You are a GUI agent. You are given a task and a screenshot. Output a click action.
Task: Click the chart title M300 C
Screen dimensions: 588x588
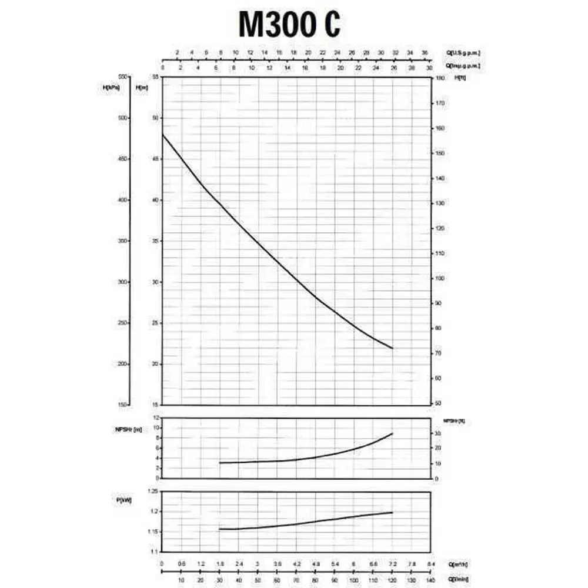coord(289,25)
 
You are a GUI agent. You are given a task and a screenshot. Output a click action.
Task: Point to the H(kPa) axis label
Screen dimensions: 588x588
coord(111,88)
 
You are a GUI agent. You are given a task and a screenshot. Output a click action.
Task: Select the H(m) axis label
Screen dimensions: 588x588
coord(142,88)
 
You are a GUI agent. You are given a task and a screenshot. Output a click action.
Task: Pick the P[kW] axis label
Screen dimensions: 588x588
coord(124,500)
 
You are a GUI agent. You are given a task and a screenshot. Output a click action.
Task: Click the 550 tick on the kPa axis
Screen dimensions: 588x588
coord(123,77)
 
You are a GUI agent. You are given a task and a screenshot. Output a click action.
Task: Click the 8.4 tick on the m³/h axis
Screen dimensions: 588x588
coord(431,563)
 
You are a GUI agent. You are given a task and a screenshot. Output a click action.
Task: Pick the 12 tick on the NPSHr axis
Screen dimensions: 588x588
coord(156,417)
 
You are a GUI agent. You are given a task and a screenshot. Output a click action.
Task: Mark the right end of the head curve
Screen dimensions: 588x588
coord(392,349)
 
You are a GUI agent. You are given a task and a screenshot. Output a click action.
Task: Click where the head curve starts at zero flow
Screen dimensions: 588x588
coord(162,135)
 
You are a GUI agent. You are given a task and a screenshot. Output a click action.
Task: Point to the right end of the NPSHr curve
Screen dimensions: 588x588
coord(392,433)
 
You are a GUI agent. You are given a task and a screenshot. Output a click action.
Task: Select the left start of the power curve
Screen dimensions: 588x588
coord(219,529)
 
